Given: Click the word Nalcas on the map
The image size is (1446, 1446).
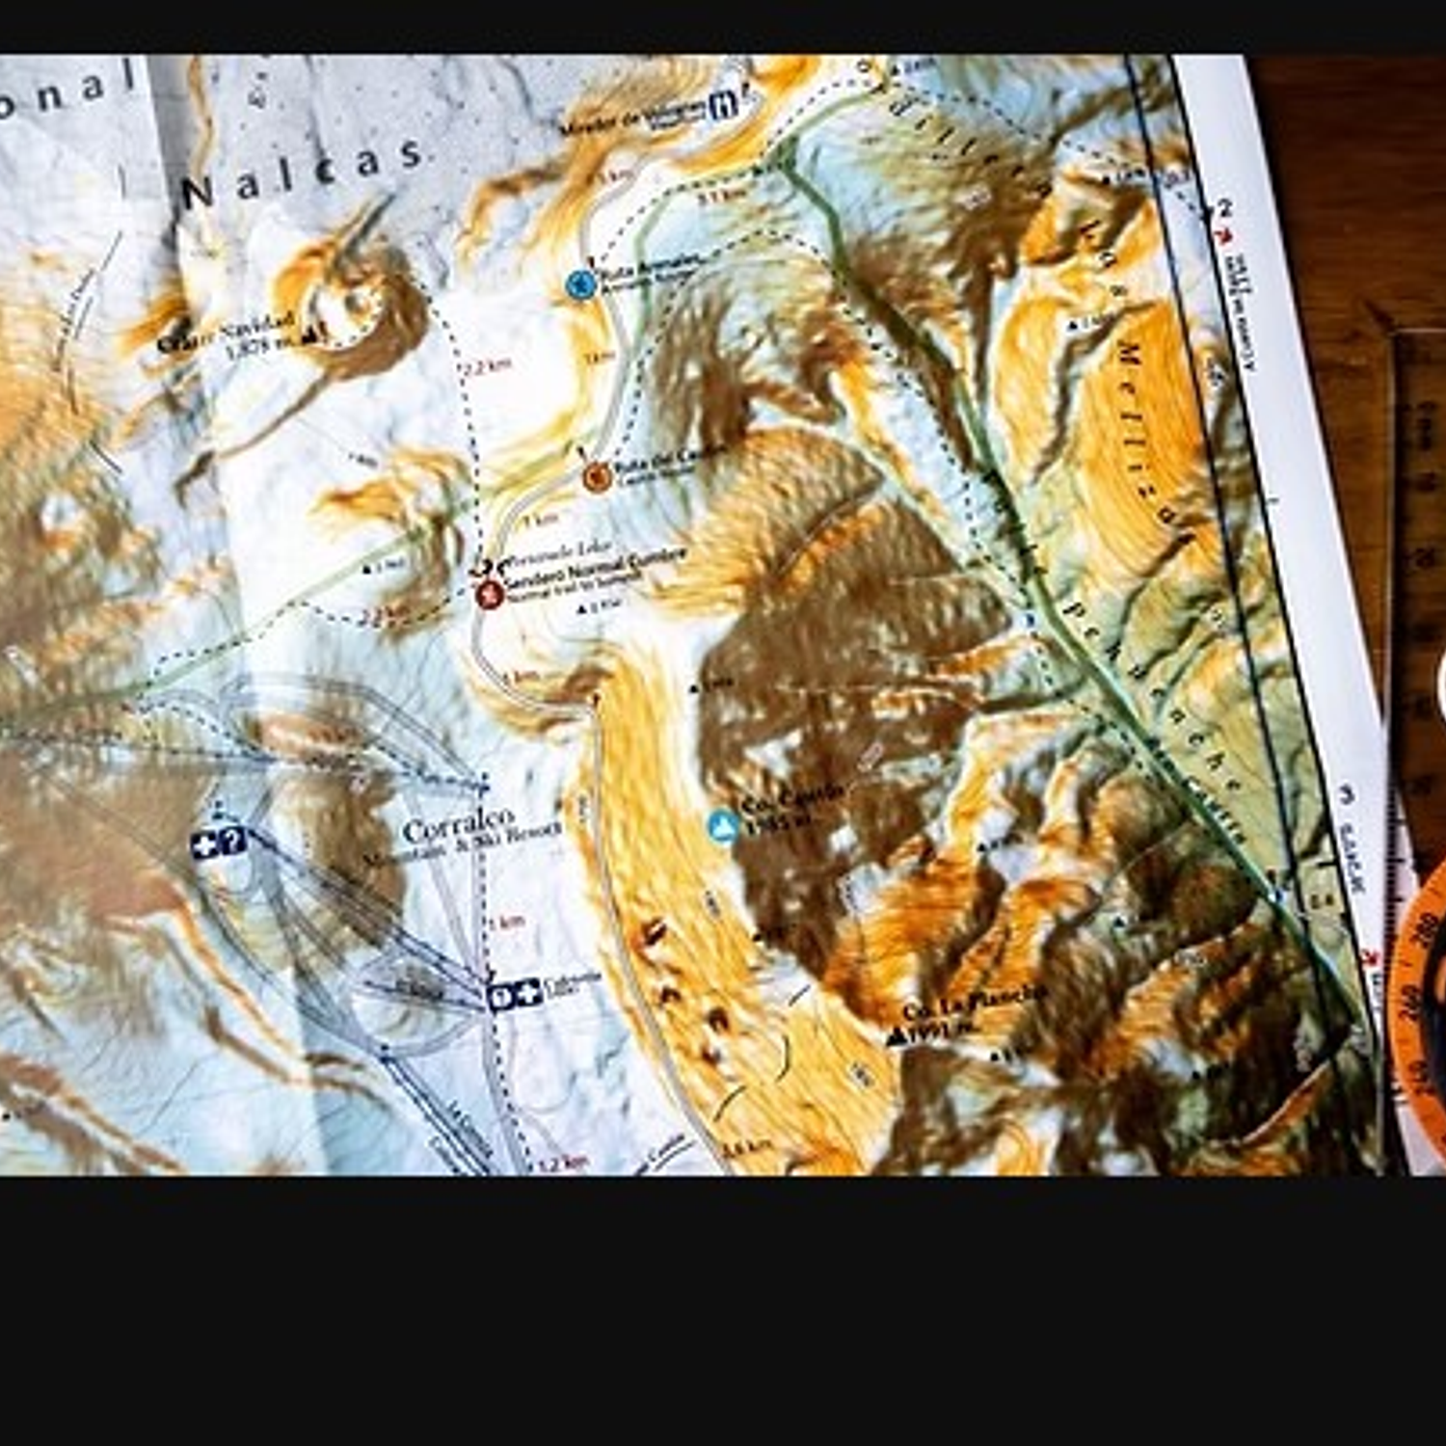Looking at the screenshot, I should click(304, 174).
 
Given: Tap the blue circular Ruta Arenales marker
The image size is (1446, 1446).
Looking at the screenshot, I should click(580, 284).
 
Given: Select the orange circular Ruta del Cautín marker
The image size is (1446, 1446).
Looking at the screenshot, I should click(597, 475).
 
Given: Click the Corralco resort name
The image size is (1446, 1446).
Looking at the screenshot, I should click(459, 825).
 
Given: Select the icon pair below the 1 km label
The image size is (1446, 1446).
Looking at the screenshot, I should click(514, 995).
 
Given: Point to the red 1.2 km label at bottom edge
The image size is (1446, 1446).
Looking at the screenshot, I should click(562, 1164).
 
